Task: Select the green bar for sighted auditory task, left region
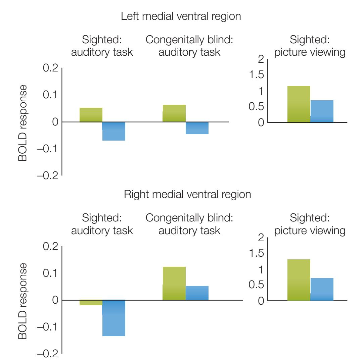tap(91, 115)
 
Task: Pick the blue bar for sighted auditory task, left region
tap(114, 131)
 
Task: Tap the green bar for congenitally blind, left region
tap(174, 113)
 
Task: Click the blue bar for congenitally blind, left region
tap(197, 128)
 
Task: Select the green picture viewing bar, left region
tap(299, 104)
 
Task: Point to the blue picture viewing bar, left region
tap(322, 111)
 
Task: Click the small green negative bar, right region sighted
tap(91, 303)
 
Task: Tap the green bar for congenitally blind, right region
tap(174, 284)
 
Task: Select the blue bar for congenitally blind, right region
tap(197, 293)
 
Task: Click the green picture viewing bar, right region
tap(299, 280)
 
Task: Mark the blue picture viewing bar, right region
tap(322, 289)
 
